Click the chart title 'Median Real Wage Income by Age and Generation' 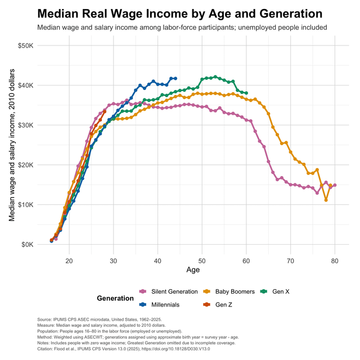click(x=180, y=13)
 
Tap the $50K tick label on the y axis click(x=25, y=45)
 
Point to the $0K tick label click(x=27, y=245)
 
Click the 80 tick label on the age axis click(x=335, y=260)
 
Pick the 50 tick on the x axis click(x=202, y=260)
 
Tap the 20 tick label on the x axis click(x=69, y=260)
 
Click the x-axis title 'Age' click(x=193, y=271)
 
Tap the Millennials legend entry click(x=163, y=304)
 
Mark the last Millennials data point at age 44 click(x=175, y=78)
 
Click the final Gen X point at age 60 click(x=246, y=93)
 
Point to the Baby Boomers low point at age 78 click(x=326, y=200)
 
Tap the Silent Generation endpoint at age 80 click(x=335, y=185)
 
